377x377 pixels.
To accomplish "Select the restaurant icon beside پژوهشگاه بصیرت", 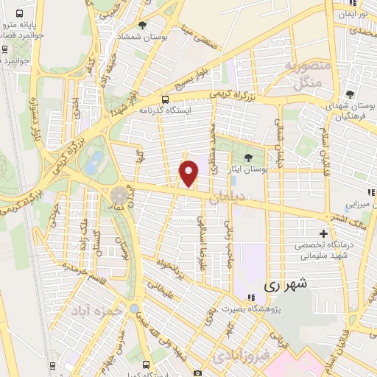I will (x=250, y=297).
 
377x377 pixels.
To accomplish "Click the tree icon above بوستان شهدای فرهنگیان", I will (x=349, y=94).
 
